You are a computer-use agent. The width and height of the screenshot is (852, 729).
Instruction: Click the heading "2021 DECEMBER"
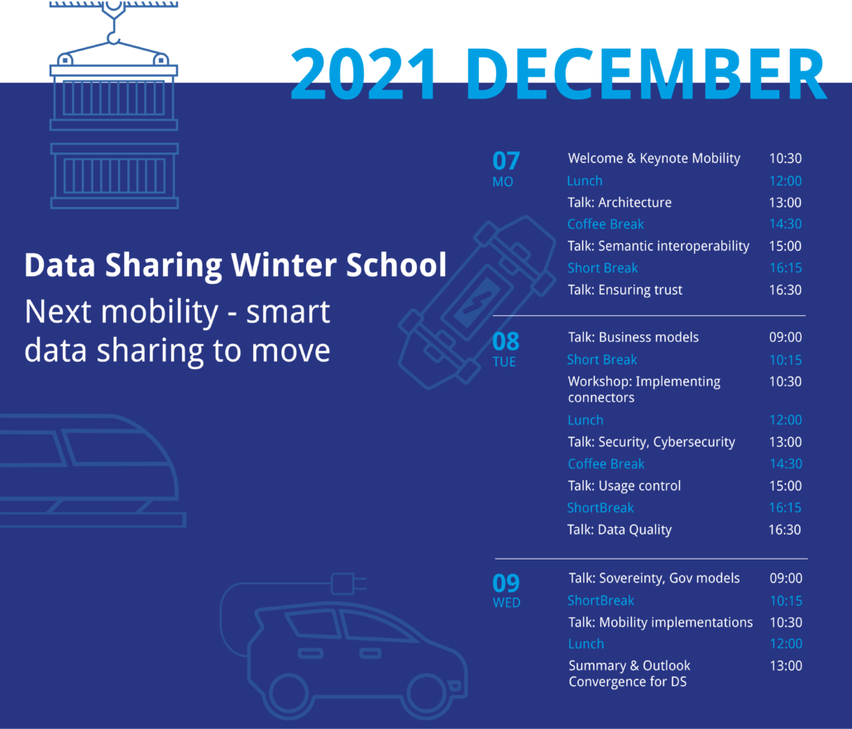click(x=558, y=74)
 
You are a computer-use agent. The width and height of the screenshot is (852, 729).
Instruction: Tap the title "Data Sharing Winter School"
click(x=235, y=266)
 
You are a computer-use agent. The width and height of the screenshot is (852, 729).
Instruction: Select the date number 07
click(x=506, y=161)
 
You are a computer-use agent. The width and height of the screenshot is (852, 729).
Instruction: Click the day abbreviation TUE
click(x=505, y=362)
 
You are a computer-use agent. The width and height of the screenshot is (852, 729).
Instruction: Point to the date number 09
click(x=506, y=583)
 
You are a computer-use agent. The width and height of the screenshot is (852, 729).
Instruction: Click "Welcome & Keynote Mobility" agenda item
click(x=654, y=158)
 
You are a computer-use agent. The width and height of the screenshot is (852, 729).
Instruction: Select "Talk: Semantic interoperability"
click(x=658, y=247)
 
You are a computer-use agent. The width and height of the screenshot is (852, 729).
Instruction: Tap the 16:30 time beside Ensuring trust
click(x=785, y=290)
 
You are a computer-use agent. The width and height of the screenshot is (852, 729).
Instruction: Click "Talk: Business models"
click(x=634, y=337)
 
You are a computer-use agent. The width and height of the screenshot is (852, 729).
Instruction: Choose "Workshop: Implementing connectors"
click(x=644, y=389)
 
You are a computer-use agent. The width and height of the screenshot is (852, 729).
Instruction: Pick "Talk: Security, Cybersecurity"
click(x=652, y=442)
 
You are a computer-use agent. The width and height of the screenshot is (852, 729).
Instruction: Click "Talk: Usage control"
click(x=625, y=486)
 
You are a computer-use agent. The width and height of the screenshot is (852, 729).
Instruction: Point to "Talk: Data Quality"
click(x=620, y=530)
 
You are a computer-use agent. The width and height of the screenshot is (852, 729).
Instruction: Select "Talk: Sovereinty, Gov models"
click(x=654, y=578)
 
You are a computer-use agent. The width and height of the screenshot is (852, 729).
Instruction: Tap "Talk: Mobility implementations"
click(x=661, y=622)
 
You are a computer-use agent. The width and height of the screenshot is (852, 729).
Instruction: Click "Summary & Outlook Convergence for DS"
click(x=629, y=674)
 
